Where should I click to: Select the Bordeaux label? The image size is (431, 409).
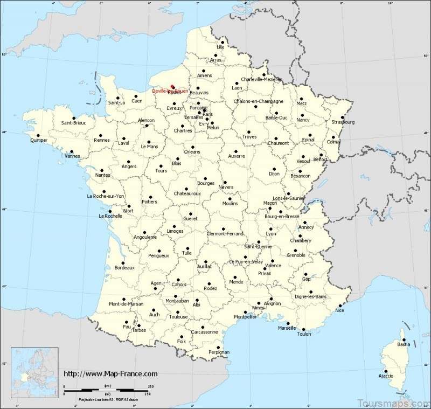coord(124,267)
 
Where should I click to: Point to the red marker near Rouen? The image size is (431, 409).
coord(172,86)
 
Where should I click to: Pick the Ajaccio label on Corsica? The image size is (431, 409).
coord(386,375)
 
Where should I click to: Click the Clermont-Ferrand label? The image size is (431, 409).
coord(225,233)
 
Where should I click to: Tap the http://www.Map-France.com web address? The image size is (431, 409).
coord(111,373)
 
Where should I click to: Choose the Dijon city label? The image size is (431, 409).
coord(276,174)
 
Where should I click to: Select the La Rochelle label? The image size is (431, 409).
coord(109,217)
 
